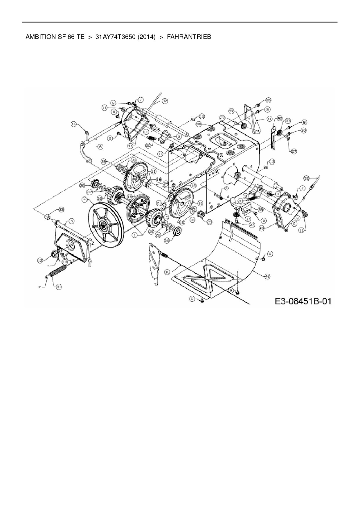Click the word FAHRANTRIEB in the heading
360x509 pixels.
coord(189,37)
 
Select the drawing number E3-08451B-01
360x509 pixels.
coord(303,301)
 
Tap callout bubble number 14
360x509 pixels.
coord(74,124)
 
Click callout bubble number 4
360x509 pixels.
coord(84,200)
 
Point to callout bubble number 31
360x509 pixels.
coord(59,287)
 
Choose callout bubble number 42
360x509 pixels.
coord(267,277)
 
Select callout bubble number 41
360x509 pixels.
coord(269,119)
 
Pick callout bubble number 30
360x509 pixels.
coord(167,272)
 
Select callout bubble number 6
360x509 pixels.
coord(100,147)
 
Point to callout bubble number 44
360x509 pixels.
coord(131,145)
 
